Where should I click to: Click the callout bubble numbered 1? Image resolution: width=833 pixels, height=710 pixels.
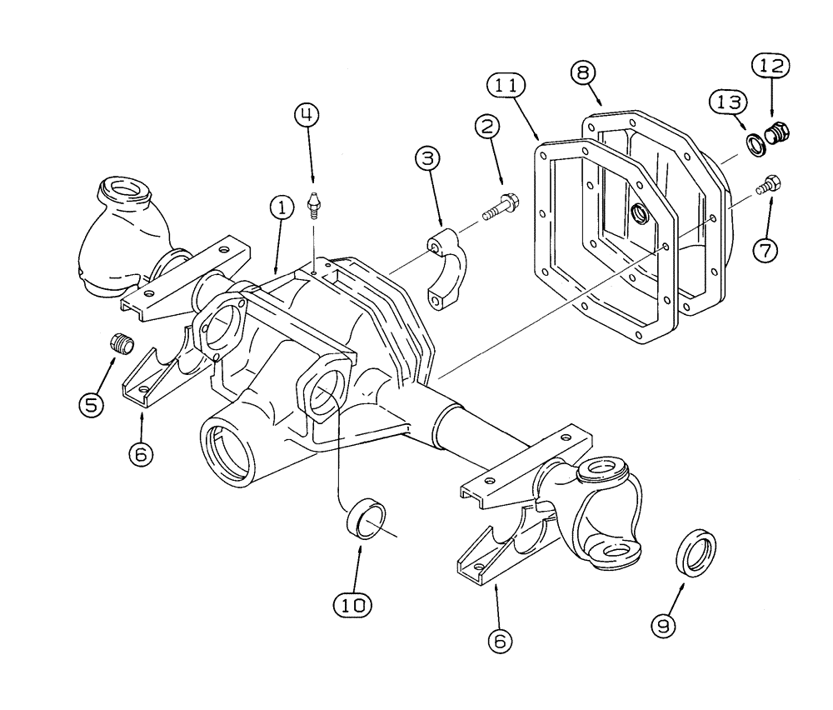282,208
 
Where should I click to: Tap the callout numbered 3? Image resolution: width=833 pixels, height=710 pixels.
429,159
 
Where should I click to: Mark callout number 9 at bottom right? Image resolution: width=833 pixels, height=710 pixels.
663,626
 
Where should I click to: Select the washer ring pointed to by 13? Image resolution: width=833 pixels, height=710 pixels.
758,144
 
